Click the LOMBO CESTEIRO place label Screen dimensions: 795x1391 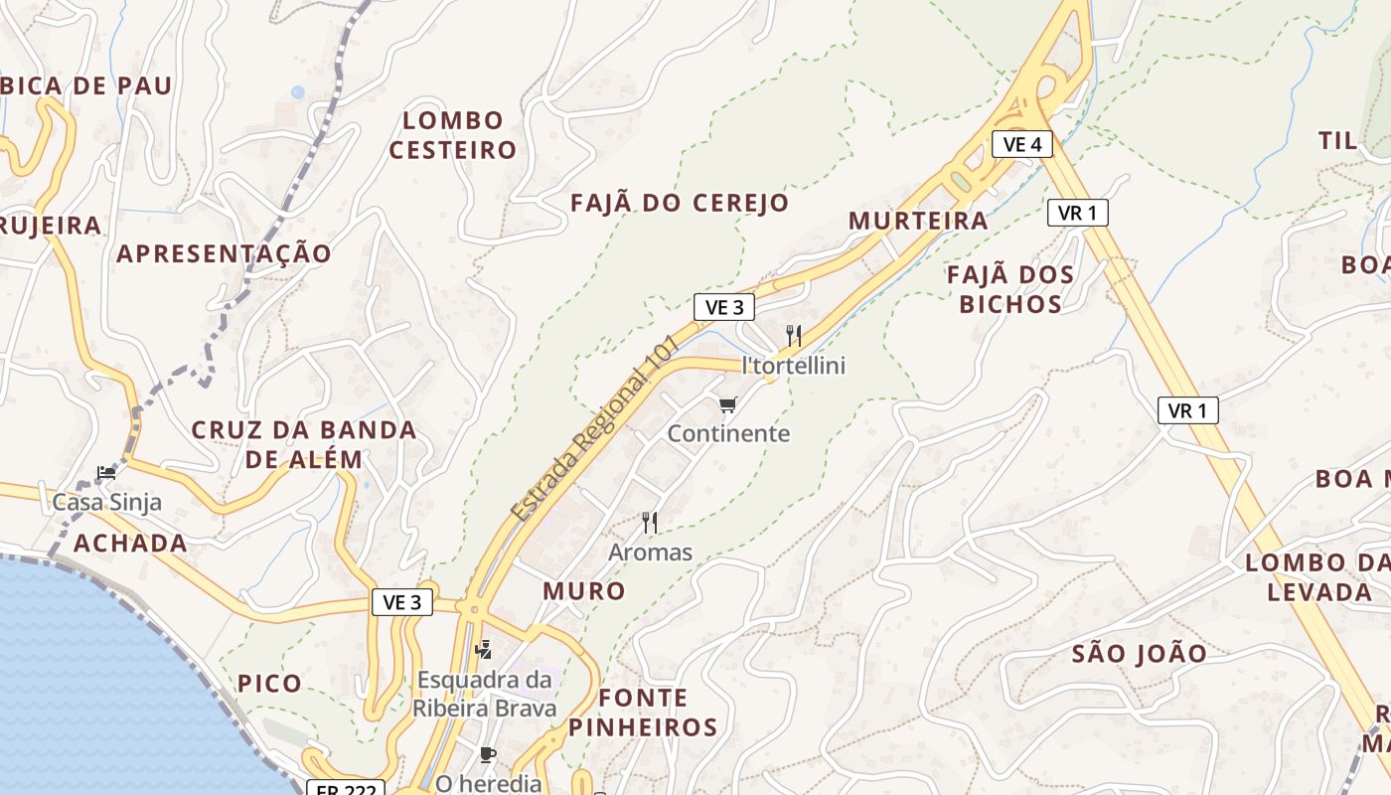coord(453,135)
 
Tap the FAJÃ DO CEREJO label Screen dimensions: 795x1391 coord(680,203)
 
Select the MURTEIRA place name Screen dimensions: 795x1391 coord(918,221)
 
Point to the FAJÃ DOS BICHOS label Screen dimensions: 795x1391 coord(1010,289)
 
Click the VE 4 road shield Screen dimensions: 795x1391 coord(1021,145)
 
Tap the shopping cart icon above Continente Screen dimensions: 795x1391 coord(728,404)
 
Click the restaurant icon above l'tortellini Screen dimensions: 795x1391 coord(793,335)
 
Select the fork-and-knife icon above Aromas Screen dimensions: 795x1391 coord(650,522)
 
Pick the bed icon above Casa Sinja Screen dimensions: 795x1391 coord(106,472)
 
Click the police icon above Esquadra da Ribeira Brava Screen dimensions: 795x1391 coord(484,650)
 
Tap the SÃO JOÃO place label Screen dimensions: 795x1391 coord(1140,654)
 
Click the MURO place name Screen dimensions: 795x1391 coord(584,591)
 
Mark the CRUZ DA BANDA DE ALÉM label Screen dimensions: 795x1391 coord(304,444)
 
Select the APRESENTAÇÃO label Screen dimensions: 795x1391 coord(224,253)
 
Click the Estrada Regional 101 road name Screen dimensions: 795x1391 coord(594,429)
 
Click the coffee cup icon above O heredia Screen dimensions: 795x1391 coord(487,755)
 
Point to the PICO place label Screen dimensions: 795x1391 coord(269,684)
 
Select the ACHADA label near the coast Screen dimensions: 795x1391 coord(130,543)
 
